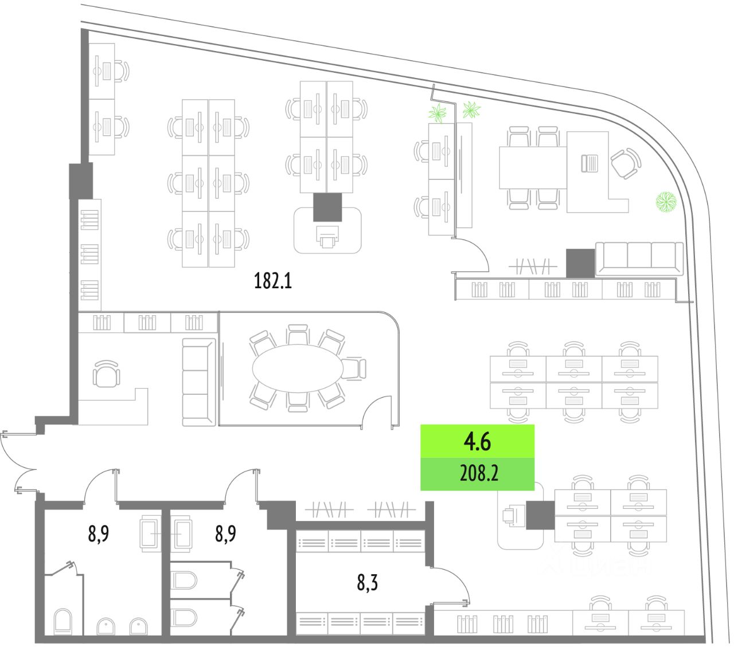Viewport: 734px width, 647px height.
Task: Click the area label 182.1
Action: click(x=273, y=281)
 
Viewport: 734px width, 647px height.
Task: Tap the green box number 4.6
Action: click(x=477, y=442)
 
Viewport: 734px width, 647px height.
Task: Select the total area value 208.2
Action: click(x=479, y=473)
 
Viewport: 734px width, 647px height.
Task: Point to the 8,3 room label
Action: click(x=367, y=583)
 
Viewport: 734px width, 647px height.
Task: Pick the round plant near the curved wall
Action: click(x=666, y=202)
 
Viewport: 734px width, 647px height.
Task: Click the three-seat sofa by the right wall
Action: click(x=639, y=258)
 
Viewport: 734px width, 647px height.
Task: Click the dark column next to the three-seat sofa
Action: click(x=580, y=264)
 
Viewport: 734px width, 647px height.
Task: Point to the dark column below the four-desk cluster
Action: click(x=327, y=207)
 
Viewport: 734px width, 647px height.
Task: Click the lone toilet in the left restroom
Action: click(x=63, y=621)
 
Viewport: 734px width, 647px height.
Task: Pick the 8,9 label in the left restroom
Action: click(x=99, y=534)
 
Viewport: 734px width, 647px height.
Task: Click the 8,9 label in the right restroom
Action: click(x=225, y=534)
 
